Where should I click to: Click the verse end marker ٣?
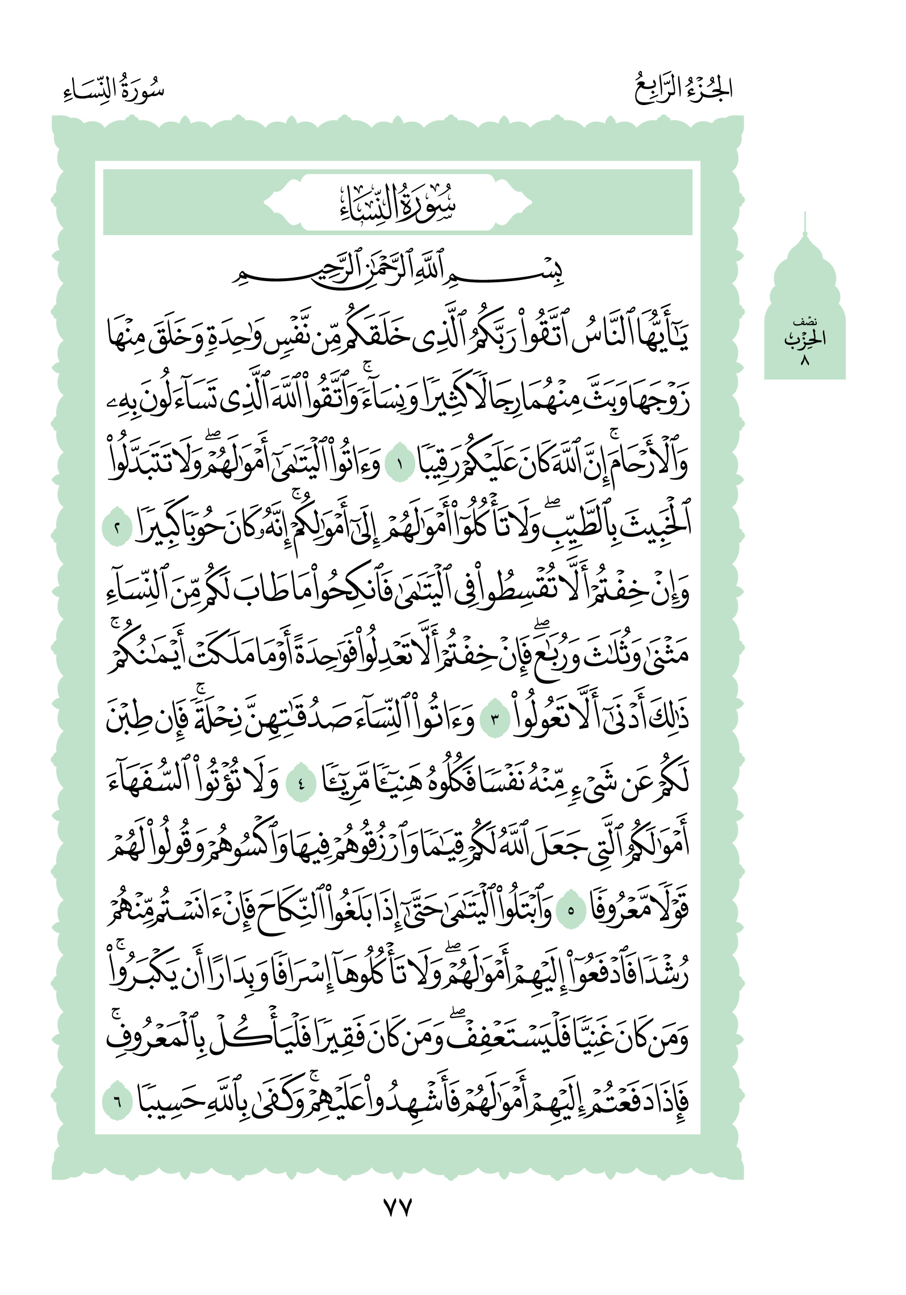494,720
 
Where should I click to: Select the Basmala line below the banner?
398,271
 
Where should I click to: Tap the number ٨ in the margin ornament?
804,361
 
